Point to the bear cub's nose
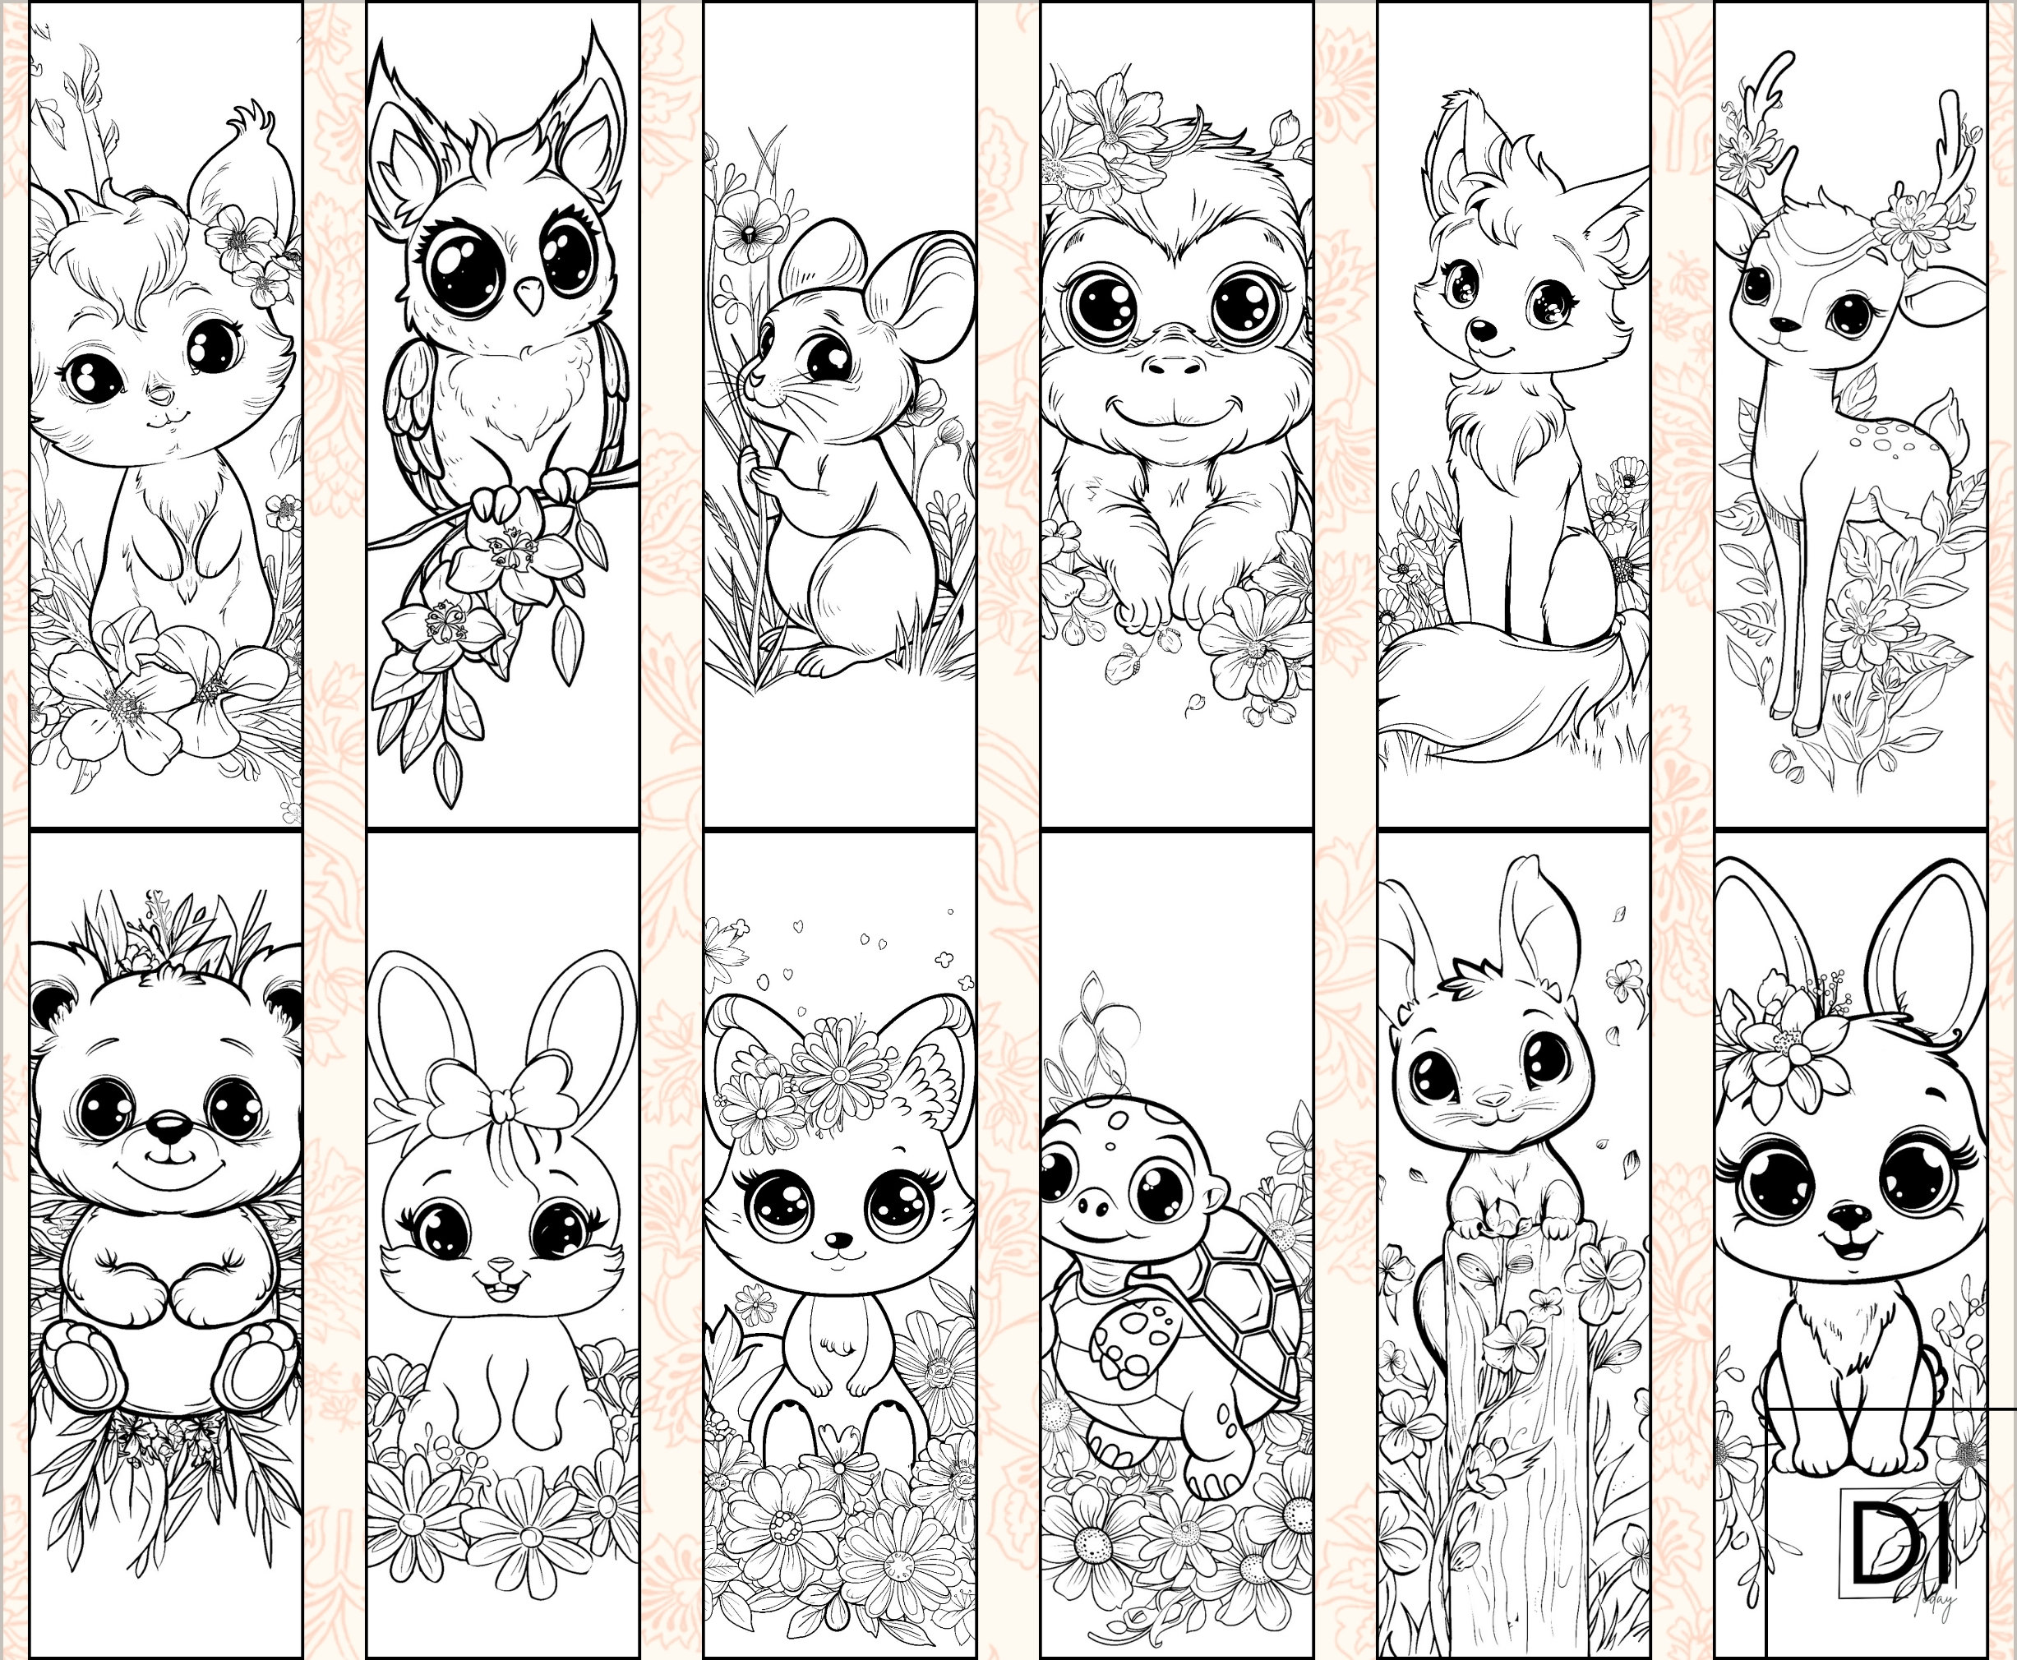[170, 1128]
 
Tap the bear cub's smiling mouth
[170, 1169]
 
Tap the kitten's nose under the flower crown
[838, 1240]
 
